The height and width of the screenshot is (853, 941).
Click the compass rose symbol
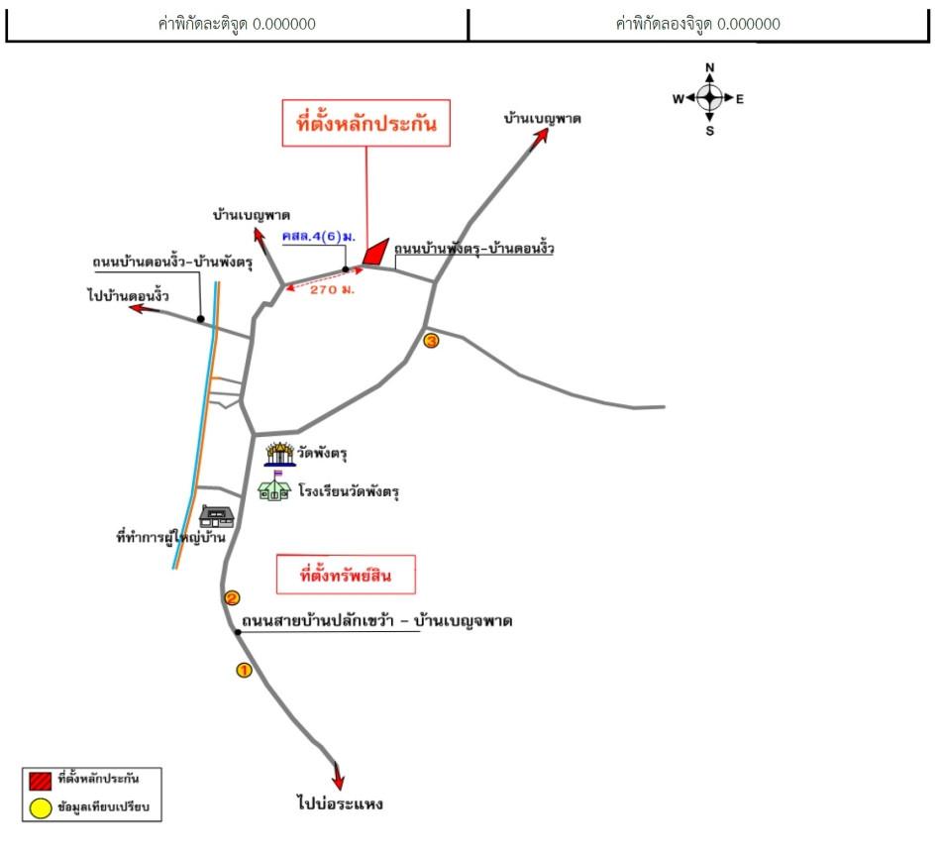coord(709,98)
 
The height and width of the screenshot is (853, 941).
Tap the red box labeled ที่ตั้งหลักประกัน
coord(366,123)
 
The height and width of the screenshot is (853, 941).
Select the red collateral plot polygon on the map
coord(374,252)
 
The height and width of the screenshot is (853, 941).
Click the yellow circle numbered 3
coord(431,341)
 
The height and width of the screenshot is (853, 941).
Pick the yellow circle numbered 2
coord(232,597)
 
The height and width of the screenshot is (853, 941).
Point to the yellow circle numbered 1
coord(244,670)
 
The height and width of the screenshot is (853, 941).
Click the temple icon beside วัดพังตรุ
coord(280,454)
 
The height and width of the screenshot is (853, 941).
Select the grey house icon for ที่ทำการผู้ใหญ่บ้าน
coord(216,515)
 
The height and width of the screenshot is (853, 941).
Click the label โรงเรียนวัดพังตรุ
coord(348,490)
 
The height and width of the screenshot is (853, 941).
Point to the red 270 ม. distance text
coord(333,291)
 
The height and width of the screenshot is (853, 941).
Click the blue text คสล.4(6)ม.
coord(319,238)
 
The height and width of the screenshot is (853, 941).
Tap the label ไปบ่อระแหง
coord(339,803)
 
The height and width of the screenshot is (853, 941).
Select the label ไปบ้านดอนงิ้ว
coord(128,295)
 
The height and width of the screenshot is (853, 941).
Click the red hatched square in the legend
coord(41,779)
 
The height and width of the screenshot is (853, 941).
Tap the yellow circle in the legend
coord(41,807)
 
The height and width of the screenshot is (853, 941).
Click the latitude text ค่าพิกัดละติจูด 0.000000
coord(237,24)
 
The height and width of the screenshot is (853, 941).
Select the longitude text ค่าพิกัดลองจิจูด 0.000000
coord(697,24)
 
